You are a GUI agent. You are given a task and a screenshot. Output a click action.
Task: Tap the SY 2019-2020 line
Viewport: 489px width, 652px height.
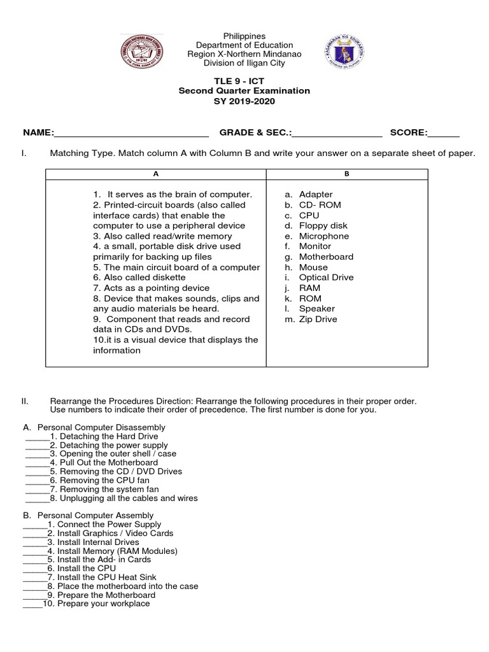[x=244, y=101]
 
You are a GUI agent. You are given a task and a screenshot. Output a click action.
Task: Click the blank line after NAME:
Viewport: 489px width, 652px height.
[x=131, y=134]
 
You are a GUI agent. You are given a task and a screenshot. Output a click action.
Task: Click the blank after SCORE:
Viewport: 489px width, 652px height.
[x=444, y=134]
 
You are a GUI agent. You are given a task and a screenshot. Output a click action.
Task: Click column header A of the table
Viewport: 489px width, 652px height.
[x=155, y=174]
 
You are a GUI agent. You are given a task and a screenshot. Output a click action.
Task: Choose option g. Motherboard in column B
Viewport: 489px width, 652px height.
[x=318, y=257]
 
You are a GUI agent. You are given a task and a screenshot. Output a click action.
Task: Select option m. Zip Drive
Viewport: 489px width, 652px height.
[x=311, y=319]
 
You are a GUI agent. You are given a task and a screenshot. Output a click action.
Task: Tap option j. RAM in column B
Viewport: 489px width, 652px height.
[x=302, y=288]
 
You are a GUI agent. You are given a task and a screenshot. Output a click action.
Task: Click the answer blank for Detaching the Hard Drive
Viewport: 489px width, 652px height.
[x=36, y=436]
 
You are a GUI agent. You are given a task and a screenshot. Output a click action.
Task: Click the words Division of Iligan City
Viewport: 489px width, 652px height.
[x=244, y=62]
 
